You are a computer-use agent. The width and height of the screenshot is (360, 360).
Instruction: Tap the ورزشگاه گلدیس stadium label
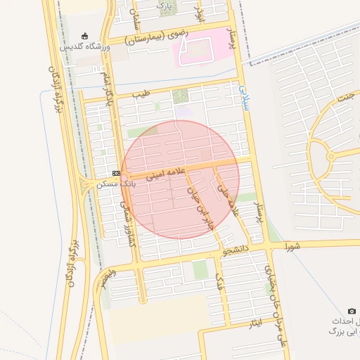click(x=85, y=46)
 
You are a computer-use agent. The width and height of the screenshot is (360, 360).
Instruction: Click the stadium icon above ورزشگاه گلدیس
click(x=85, y=36)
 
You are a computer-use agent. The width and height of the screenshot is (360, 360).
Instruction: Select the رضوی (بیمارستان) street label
click(x=151, y=39)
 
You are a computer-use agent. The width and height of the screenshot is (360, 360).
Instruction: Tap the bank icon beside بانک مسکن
click(x=116, y=173)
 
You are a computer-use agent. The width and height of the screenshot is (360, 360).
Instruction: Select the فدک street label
click(x=218, y=283)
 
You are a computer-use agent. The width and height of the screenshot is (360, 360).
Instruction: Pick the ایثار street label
click(x=256, y=323)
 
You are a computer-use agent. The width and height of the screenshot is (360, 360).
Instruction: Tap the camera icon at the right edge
click(x=352, y=311)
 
